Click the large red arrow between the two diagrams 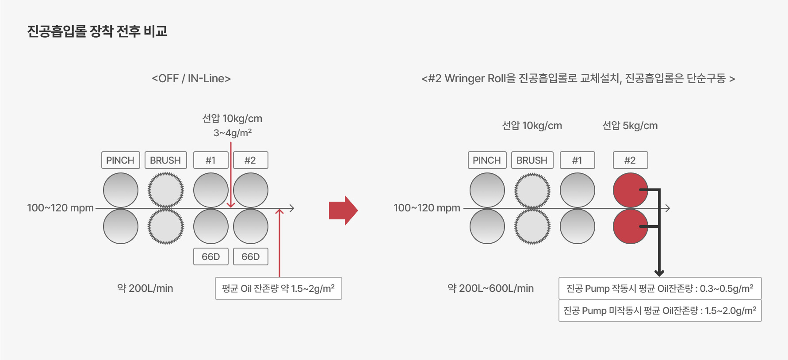(x=343, y=210)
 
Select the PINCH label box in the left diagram (x=120, y=160)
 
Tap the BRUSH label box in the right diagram (x=532, y=160)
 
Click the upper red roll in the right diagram (x=630, y=190)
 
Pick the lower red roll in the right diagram (x=630, y=226)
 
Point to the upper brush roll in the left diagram (x=165, y=190)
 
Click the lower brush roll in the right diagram (x=532, y=226)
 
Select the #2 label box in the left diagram (x=250, y=160)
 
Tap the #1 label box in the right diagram (x=577, y=160)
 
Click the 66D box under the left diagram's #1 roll (x=210, y=257)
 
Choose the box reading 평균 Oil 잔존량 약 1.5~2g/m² (x=278, y=288)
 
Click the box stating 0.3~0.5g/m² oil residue (x=660, y=288)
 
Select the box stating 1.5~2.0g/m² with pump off (x=660, y=310)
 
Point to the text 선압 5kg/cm (x=630, y=126)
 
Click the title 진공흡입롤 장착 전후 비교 (x=97, y=31)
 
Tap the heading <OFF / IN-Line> (x=191, y=78)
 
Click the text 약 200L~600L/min (x=490, y=288)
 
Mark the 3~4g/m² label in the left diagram (x=233, y=133)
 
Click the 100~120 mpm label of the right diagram (x=427, y=208)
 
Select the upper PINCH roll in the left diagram (x=120, y=190)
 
